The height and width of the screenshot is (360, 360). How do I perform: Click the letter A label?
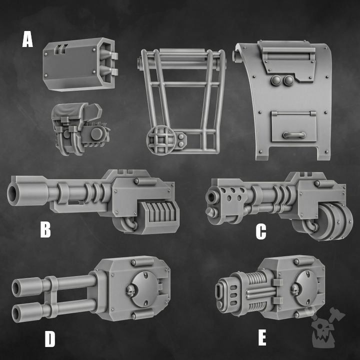pos(27,39)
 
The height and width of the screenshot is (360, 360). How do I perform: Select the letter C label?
pos(260,231)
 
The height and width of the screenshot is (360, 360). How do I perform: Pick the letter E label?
pos(262,338)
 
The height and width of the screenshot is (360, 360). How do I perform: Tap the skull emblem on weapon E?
pos(294,288)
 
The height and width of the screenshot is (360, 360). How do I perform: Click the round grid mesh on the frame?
pos(159,139)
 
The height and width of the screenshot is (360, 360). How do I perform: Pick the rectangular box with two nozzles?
pos(80,65)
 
